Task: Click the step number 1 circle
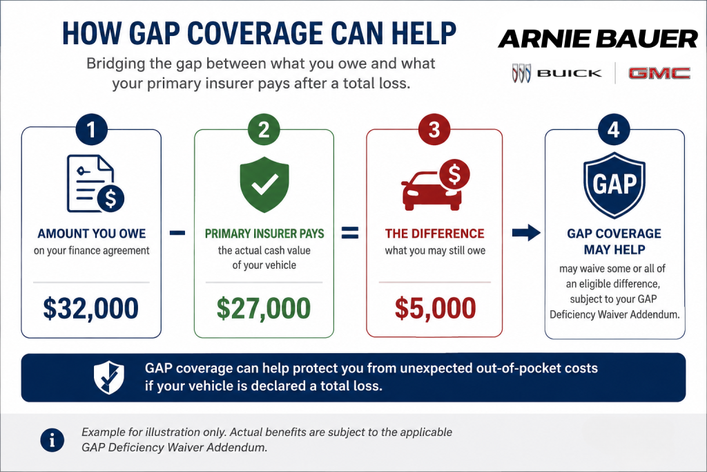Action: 92,129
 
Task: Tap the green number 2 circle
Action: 264,129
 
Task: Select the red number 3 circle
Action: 434,129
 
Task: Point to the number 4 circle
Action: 614,129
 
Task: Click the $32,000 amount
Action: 90,308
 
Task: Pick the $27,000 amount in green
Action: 264,308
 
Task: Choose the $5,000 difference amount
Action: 435,308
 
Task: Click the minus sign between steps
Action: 177,233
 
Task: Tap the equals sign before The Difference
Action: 350,232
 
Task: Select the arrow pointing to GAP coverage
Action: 526,233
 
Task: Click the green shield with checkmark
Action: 264,185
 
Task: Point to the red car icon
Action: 435,185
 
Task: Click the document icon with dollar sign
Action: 95,184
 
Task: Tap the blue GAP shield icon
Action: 614,185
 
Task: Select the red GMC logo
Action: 659,73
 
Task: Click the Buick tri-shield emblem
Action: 521,73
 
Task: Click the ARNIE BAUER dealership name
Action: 598,39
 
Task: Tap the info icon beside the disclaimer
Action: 52,440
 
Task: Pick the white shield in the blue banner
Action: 108,377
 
